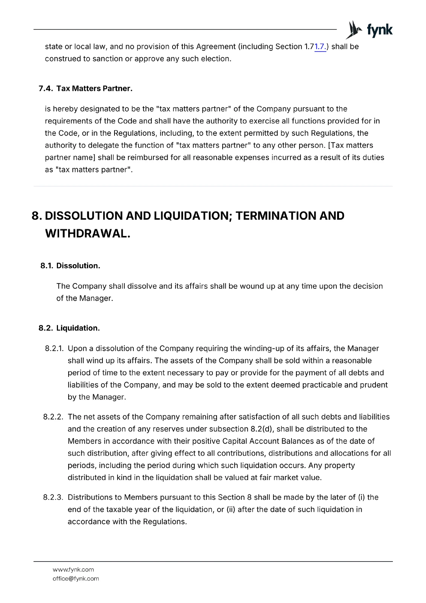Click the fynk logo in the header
[x=369, y=30]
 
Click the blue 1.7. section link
[x=320, y=47]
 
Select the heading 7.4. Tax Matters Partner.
[x=86, y=89]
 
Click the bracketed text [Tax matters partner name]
[x=209, y=151]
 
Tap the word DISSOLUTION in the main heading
[x=84, y=216]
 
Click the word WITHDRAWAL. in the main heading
[x=88, y=234]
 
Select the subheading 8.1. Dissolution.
[x=70, y=266]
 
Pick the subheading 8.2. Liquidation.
[x=69, y=328]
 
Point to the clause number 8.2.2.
[x=53, y=417]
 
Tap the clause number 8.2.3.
[x=53, y=497]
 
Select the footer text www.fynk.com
[x=73, y=569]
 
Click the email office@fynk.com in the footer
[x=76, y=579]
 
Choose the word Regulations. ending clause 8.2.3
[x=165, y=522]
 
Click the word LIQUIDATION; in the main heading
[x=193, y=216]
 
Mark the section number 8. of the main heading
[x=37, y=216]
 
